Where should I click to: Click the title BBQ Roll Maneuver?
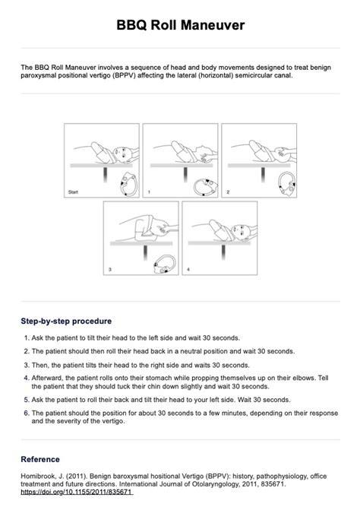pos(180,25)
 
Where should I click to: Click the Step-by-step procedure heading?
pos(66,321)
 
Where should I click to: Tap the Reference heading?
pos(40,459)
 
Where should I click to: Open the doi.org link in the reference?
pos(77,492)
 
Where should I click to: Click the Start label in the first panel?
pos(73,192)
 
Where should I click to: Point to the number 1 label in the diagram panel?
pos(149,192)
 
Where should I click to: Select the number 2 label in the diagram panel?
pos(228,192)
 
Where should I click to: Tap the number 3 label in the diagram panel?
pos(110,269)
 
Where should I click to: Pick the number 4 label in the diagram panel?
pos(188,269)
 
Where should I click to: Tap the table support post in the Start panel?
pos(106,175)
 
